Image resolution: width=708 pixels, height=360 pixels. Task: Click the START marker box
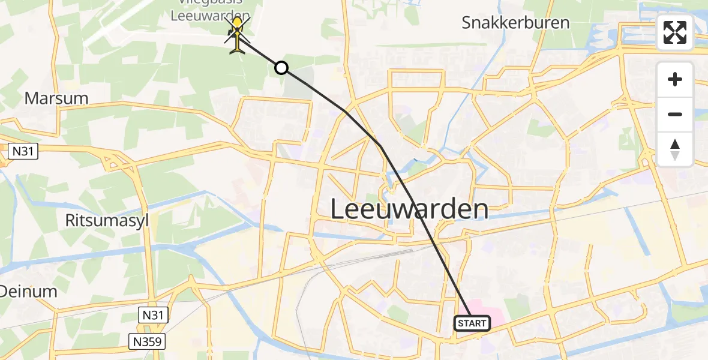(472, 323)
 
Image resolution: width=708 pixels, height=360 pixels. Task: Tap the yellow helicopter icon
(238, 35)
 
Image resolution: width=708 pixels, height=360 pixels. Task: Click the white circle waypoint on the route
(281, 68)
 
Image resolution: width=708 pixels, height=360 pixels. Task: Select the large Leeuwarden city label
(410, 209)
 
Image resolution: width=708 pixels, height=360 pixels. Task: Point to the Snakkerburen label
(515, 23)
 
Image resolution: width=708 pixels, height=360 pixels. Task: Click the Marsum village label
(56, 98)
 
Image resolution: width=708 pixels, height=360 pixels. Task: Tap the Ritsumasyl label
(107, 220)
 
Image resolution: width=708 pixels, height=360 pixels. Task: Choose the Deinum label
(28, 292)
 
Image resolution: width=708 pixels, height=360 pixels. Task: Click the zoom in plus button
(675, 79)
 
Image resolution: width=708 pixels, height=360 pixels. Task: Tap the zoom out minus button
(675, 114)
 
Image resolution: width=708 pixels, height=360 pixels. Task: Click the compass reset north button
(675, 149)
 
